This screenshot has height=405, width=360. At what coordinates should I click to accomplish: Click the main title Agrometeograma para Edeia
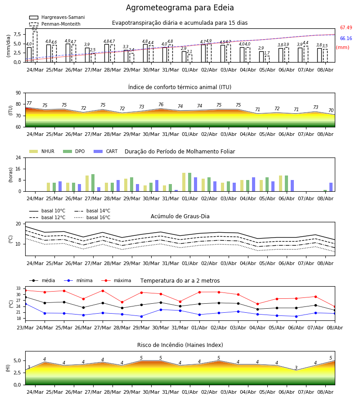click(x=180, y=8)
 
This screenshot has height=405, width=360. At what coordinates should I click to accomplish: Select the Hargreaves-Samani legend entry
click(x=57, y=17)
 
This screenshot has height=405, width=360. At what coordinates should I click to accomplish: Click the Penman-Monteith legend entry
click(x=55, y=24)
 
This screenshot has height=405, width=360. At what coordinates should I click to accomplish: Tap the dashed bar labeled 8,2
click(x=35, y=47)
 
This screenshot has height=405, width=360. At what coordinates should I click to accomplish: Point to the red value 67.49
click(x=346, y=27)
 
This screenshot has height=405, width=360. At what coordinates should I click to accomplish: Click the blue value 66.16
click(x=346, y=39)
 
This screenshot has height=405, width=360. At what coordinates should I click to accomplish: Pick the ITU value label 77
click(x=29, y=103)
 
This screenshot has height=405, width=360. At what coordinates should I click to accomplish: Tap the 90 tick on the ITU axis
click(x=18, y=93)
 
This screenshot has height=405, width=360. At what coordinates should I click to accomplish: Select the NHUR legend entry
click(x=42, y=151)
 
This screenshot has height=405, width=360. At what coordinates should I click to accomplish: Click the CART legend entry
click(x=106, y=151)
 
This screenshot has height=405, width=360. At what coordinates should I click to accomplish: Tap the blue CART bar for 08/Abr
click(x=331, y=187)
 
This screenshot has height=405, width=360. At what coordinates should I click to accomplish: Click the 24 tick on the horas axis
click(x=18, y=157)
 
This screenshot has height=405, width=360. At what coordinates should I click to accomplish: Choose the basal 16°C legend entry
click(x=92, y=217)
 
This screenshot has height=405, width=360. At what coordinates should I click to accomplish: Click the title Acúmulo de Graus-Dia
click(x=180, y=216)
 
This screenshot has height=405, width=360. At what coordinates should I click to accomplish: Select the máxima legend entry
click(x=116, y=280)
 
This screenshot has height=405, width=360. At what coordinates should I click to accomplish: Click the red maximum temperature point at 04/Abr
click(x=257, y=304)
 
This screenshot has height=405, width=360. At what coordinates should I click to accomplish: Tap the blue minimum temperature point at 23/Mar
click(x=26, y=304)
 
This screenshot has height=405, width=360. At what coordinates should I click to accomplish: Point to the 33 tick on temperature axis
click(x=18, y=288)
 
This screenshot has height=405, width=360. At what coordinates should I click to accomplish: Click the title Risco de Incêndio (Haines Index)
click(x=180, y=345)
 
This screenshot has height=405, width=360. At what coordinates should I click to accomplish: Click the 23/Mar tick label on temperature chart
click(x=25, y=328)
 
